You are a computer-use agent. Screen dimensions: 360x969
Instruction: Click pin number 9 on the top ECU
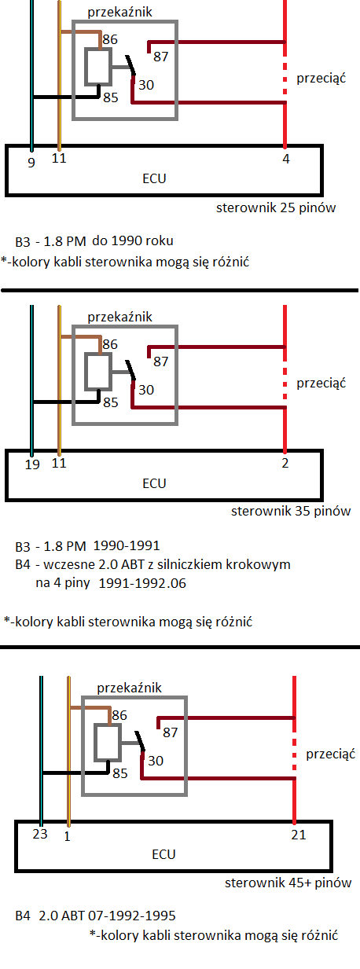point(31,163)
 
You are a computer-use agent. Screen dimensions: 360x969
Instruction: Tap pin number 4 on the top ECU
point(285,159)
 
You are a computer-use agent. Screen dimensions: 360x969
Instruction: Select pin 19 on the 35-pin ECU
point(32,464)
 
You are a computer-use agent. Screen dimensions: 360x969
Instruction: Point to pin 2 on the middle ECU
point(285,463)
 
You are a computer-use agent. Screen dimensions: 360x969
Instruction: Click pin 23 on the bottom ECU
point(40,834)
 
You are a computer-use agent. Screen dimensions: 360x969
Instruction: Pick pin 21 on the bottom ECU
point(299,835)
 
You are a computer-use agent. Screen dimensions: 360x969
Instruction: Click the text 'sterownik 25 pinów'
point(276,207)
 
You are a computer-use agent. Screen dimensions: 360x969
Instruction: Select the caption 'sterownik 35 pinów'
point(291,511)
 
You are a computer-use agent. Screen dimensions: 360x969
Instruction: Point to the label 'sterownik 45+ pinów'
point(288,882)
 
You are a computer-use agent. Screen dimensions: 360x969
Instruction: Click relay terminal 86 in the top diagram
point(110,39)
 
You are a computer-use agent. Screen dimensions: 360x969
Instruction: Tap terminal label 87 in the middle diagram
point(160,362)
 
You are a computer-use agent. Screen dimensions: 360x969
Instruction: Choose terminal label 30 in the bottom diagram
point(156,761)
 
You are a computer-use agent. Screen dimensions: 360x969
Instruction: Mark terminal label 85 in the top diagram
point(110,97)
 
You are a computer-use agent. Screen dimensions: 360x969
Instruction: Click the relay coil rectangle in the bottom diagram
point(108,745)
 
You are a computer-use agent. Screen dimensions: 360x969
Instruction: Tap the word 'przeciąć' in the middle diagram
point(321,383)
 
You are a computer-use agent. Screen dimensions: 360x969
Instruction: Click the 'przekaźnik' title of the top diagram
point(119,12)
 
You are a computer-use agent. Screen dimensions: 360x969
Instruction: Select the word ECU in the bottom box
point(163,854)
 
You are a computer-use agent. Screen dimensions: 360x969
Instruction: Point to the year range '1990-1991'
point(127,545)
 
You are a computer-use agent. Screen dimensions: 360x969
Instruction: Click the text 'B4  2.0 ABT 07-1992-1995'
point(95,916)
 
